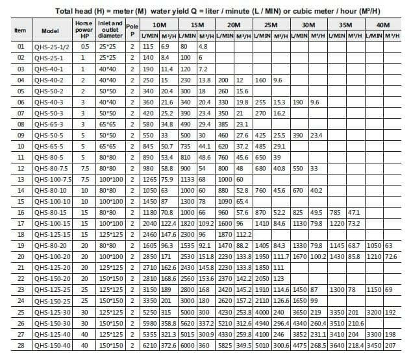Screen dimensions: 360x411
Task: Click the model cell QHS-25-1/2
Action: coord(52,47)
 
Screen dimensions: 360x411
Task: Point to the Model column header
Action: coord(50,30)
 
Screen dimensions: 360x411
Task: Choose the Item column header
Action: coord(20,30)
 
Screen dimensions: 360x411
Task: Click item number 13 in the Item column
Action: coord(20,180)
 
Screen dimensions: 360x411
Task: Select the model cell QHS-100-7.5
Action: coord(53,180)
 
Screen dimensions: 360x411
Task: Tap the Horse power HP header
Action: coord(84,30)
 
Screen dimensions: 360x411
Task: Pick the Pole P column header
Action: coord(132,30)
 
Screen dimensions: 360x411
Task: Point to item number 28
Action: coord(20,346)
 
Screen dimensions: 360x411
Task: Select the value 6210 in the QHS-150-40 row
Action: coord(149,346)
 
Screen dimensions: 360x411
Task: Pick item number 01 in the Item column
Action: coord(20,47)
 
